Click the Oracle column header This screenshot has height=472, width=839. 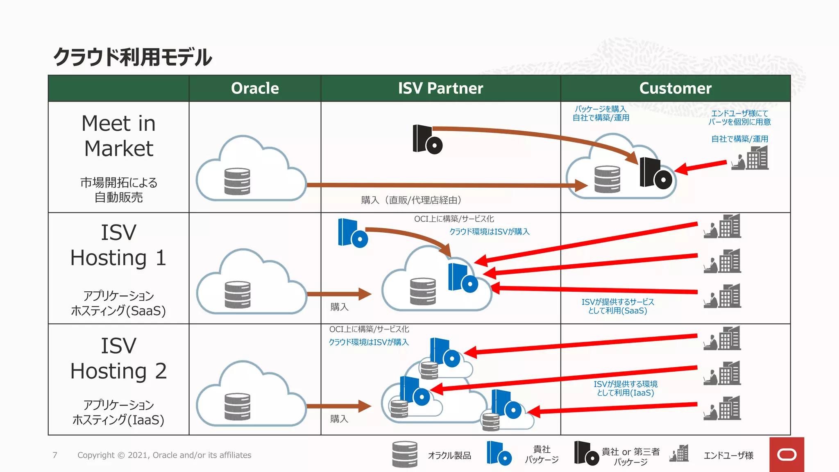click(x=255, y=88)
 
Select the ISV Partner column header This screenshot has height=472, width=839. click(x=440, y=88)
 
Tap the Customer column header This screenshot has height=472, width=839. click(x=675, y=88)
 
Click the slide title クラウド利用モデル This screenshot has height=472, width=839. click(x=132, y=57)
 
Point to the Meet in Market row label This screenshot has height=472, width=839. click(x=118, y=136)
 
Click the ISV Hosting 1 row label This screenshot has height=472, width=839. click(x=118, y=245)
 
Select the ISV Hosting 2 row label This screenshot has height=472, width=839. click(x=118, y=359)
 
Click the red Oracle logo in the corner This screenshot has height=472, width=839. click(x=787, y=454)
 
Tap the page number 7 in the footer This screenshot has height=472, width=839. click(x=55, y=455)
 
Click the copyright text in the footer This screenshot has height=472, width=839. click(x=164, y=455)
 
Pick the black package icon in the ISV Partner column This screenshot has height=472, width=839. click(x=427, y=140)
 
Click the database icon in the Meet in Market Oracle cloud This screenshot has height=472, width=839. click(x=237, y=181)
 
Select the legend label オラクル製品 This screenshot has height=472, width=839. click(x=449, y=456)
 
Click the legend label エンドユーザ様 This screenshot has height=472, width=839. click(x=728, y=456)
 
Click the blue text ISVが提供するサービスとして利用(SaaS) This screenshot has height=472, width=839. click(x=618, y=306)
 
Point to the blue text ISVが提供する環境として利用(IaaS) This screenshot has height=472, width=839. click(x=626, y=388)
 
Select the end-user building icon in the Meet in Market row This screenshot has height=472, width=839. click(x=751, y=159)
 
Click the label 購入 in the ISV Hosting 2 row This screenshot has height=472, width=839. click(x=339, y=419)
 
